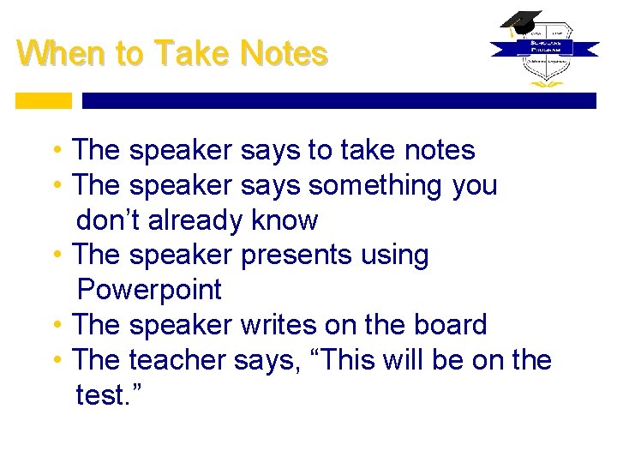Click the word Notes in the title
285,54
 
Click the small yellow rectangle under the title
44,100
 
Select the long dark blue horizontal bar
338,100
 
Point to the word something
374,185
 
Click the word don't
109,220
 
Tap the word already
195,220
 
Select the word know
285,220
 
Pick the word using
394,256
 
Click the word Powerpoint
149,290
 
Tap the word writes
279,325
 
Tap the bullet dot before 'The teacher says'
57,360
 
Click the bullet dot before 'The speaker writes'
57,325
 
